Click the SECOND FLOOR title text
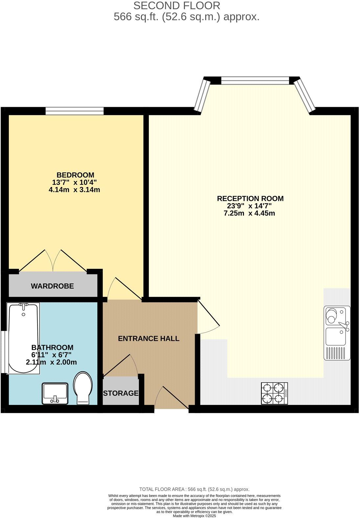tap(177, 6)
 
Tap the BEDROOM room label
tap(75, 175)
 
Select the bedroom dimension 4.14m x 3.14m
tap(74, 190)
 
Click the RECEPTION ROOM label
tap(250, 199)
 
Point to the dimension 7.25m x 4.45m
tap(249, 213)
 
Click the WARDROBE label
tap(52, 286)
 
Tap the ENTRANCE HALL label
tap(148, 339)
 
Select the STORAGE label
tap(121, 393)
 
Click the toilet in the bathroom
tap(83, 388)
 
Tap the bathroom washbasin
tap(55, 393)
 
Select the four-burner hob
tap(274, 393)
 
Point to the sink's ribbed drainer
tap(337, 353)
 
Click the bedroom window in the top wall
tap(75, 111)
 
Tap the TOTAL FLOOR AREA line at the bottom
tap(194, 489)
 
